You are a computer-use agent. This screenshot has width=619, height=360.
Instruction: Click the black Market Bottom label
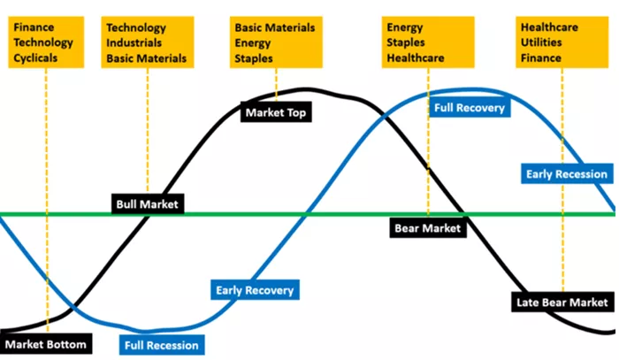(x=46, y=344)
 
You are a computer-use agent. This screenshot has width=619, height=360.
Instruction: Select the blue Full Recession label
(x=162, y=345)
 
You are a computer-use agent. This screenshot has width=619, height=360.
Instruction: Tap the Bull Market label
(x=148, y=204)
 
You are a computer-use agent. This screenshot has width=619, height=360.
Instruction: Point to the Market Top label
(x=276, y=112)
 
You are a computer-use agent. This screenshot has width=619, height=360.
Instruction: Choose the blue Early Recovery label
(x=255, y=290)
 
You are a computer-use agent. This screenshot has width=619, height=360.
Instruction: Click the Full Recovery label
(x=470, y=107)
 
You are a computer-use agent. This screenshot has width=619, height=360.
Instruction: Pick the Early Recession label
(x=567, y=173)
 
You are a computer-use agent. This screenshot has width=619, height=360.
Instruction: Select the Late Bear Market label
(x=562, y=302)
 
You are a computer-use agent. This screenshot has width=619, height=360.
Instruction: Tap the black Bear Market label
(x=428, y=227)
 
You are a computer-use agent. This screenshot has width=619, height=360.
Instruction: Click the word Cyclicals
(x=35, y=58)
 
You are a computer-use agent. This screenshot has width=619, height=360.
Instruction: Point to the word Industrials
(x=134, y=42)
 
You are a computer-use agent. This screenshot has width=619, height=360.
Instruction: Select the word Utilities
(x=541, y=42)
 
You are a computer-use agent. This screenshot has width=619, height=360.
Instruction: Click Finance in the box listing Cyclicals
(x=34, y=27)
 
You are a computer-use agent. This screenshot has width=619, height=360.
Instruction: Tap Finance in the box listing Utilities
(x=541, y=58)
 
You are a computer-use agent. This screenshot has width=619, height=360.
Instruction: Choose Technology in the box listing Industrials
(x=136, y=27)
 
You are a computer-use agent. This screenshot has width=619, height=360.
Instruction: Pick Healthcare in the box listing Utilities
(x=549, y=27)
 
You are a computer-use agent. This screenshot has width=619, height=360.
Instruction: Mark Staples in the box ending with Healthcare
(x=406, y=42)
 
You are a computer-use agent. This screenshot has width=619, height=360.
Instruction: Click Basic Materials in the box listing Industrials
(x=147, y=58)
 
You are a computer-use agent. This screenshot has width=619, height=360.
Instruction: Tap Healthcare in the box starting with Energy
(x=416, y=58)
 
